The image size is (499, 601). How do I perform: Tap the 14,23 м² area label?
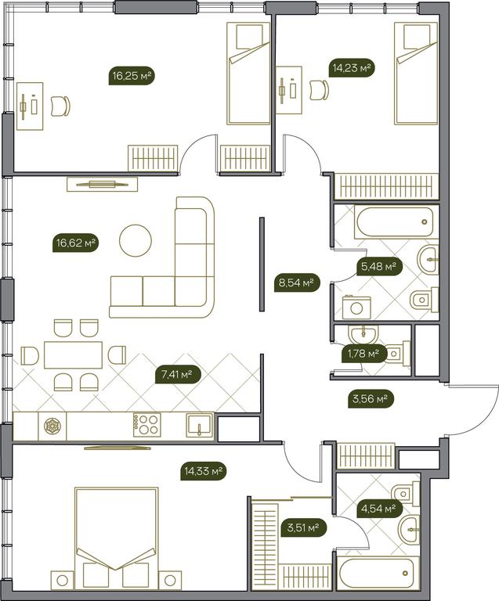click(x=352, y=69)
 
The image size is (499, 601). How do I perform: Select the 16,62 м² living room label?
click(x=75, y=243)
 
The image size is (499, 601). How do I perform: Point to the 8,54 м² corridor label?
click(x=297, y=283)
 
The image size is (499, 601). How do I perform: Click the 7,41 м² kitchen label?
click(x=178, y=374)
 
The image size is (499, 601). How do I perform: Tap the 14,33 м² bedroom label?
click(x=204, y=470)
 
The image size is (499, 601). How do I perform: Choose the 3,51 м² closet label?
click(x=303, y=528)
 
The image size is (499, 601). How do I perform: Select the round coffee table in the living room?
click(x=136, y=241)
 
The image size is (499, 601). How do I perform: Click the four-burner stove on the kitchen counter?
click(x=147, y=425)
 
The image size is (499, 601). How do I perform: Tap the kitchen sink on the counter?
click(x=200, y=425)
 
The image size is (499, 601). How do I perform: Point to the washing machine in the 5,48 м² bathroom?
click(x=356, y=307)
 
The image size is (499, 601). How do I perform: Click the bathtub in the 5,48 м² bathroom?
click(x=394, y=222)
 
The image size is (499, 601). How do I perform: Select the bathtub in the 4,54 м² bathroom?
click(x=377, y=574)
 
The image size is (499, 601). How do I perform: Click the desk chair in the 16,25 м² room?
click(x=60, y=106)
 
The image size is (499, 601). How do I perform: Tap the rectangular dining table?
click(x=74, y=355)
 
